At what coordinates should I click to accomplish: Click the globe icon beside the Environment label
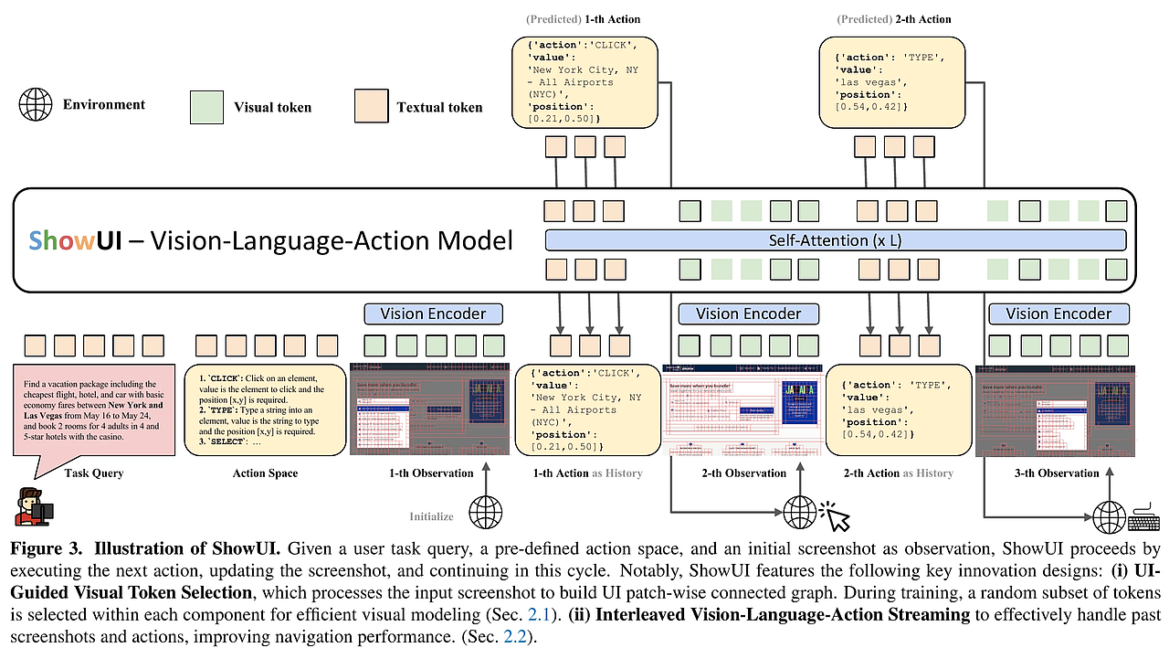pyautogui.click(x=36, y=105)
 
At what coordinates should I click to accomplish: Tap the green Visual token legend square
pyautogui.click(x=208, y=106)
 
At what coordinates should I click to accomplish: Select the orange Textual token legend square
pyautogui.click(x=372, y=106)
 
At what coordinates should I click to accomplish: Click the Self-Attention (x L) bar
pyautogui.click(x=835, y=240)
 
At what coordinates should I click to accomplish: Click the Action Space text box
pyautogui.click(x=265, y=409)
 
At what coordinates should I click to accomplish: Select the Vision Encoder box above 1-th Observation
pyautogui.click(x=434, y=313)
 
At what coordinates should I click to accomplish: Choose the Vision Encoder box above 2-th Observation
pyautogui.click(x=748, y=313)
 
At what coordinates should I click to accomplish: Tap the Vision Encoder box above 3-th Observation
pyautogui.click(x=1058, y=313)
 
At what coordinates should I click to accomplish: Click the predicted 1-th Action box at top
pyautogui.click(x=584, y=81)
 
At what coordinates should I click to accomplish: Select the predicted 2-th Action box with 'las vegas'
pyautogui.click(x=892, y=81)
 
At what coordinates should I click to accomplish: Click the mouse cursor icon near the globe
pyautogui.click(x=837, y=516)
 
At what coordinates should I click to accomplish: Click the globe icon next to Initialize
pyautogui.click(x=484, y=509)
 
